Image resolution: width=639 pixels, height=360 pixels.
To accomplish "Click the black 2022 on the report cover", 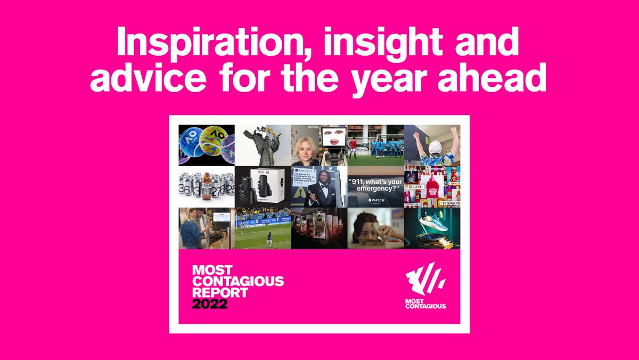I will click(210, 304).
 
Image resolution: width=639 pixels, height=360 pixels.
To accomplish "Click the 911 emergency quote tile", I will click(375, 187).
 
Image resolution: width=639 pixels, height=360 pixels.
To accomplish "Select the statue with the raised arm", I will click(260, 144).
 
